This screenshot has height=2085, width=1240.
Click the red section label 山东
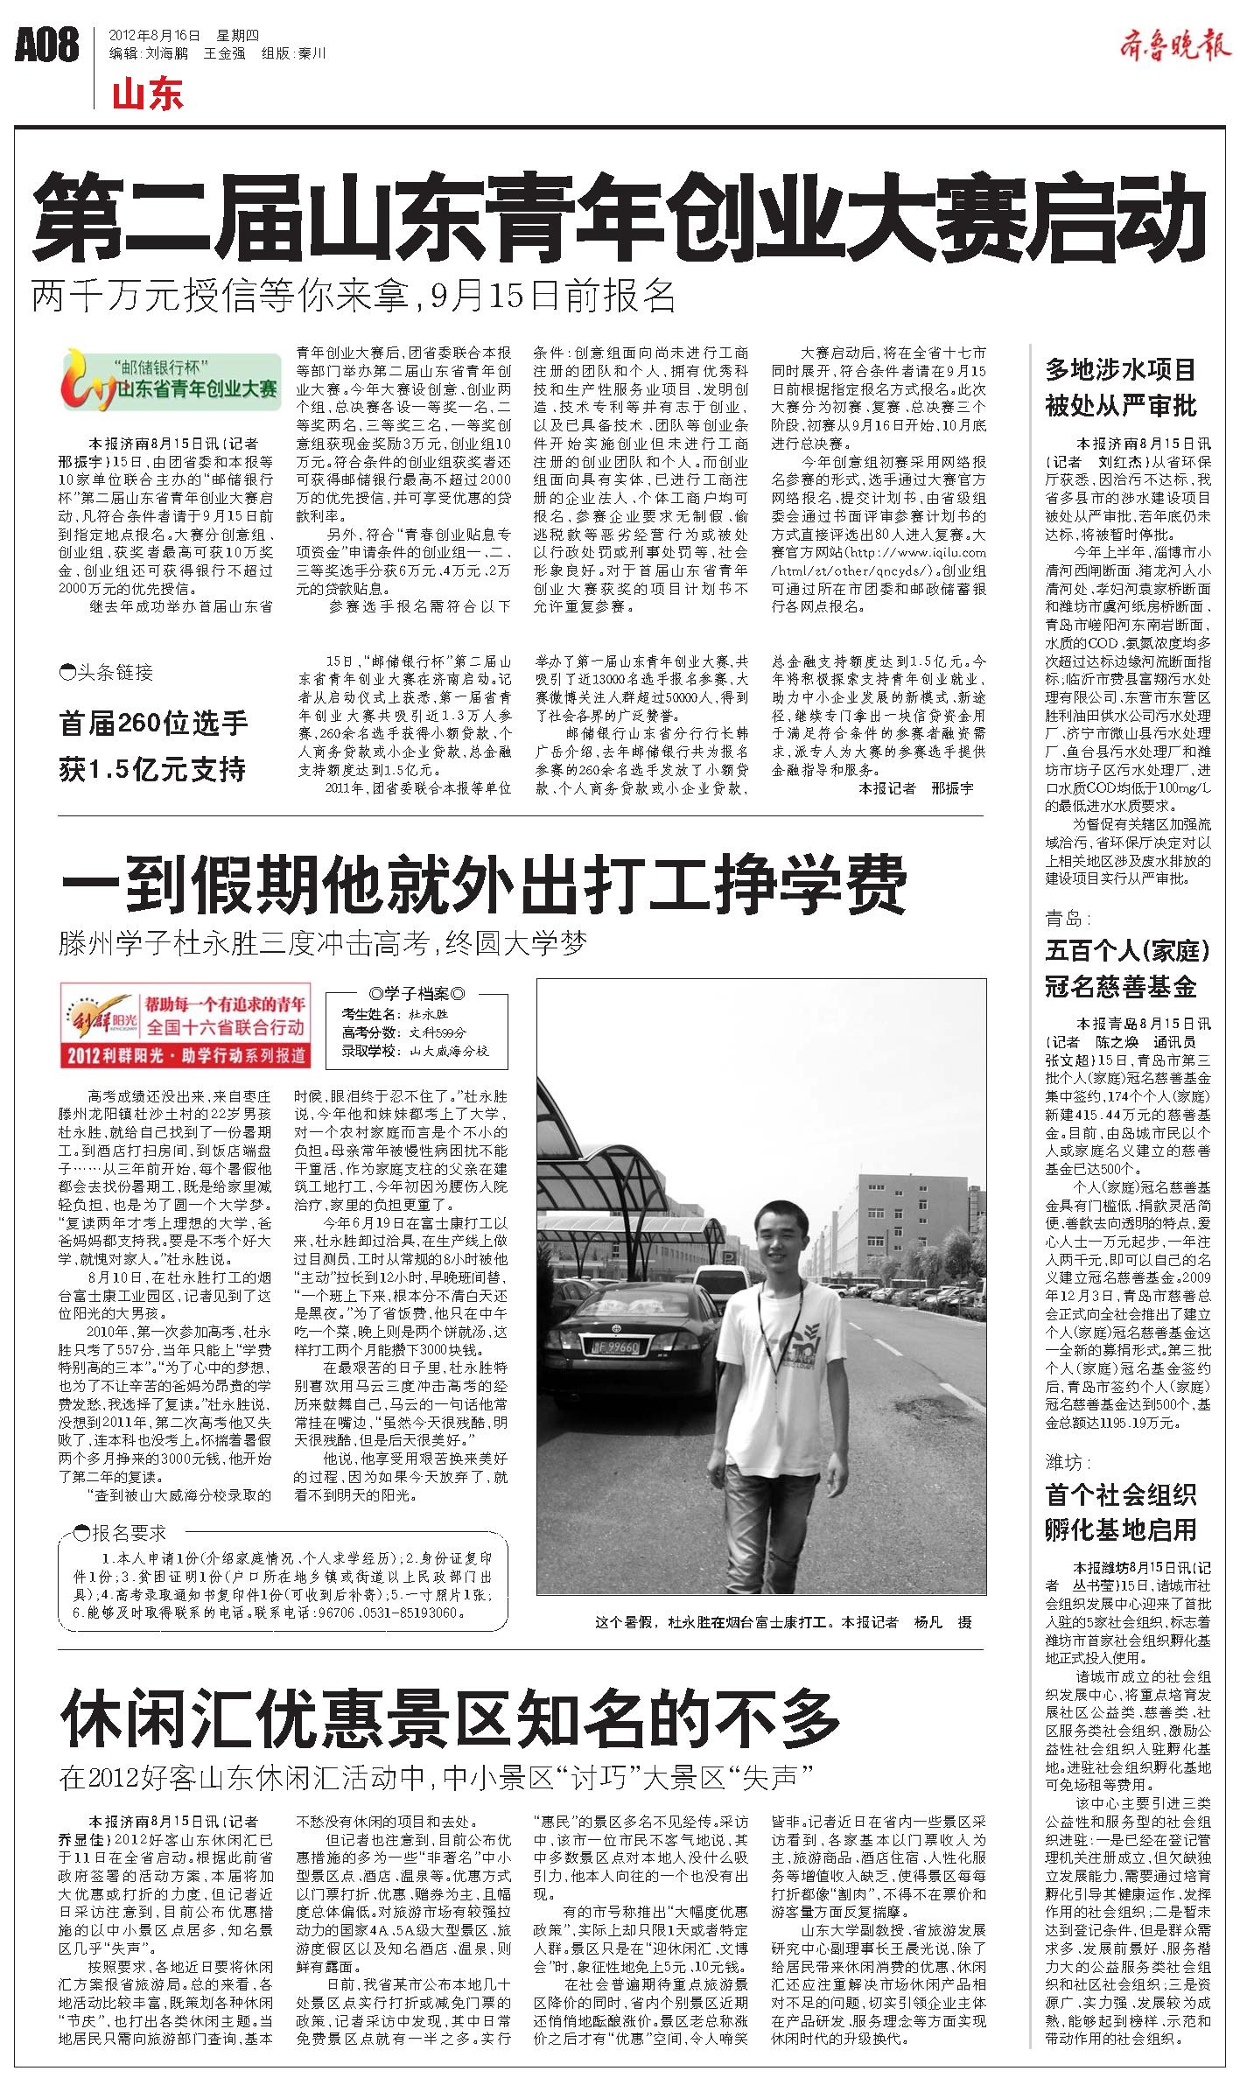(x=147, y=94)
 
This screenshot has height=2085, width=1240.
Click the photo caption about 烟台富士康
(x=782, y=1622)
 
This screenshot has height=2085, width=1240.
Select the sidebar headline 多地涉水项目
(x=1120, y=369)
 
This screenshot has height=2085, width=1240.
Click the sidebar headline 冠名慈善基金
(x=1119, y=987)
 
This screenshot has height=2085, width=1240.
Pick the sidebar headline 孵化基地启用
(x=1120, y=1529)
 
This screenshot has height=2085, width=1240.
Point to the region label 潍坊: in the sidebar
(x=1067, y=1462)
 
